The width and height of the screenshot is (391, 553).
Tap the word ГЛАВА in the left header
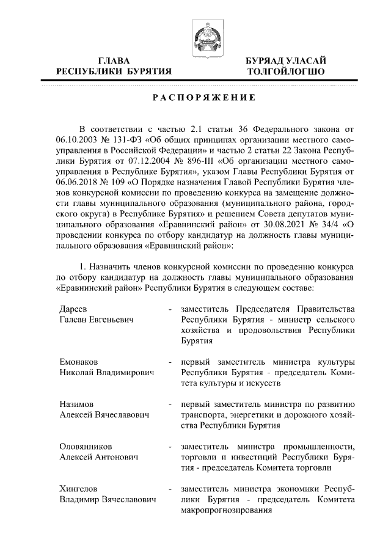[114, 61]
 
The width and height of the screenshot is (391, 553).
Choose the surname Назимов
[77, 404]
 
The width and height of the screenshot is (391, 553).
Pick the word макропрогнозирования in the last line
[227, 510]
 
